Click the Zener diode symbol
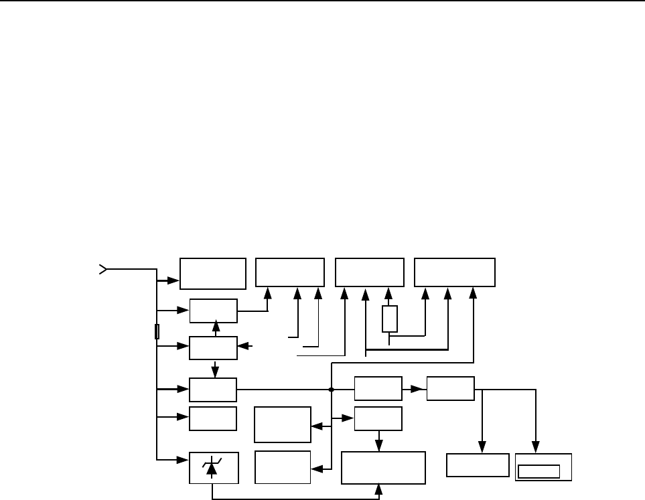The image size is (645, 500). [x=212, y=467]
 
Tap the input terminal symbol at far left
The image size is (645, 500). [x=102, y=270]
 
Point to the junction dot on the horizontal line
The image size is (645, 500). [x=332, y=389]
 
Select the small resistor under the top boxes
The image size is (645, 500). [x=390, y=319]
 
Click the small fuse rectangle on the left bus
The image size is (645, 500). [x=157, y=331]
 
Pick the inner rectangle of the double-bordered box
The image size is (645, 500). [x=539, y=471]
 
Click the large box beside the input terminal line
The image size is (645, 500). [x=213, y=274]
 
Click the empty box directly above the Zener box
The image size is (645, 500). [x=213, y=418]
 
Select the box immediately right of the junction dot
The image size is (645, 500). [x=378, y=389]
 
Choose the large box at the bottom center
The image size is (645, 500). [x=383, y=467]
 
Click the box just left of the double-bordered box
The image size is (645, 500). [x=478, y=465]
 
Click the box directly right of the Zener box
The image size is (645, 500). [x=283, y=467]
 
